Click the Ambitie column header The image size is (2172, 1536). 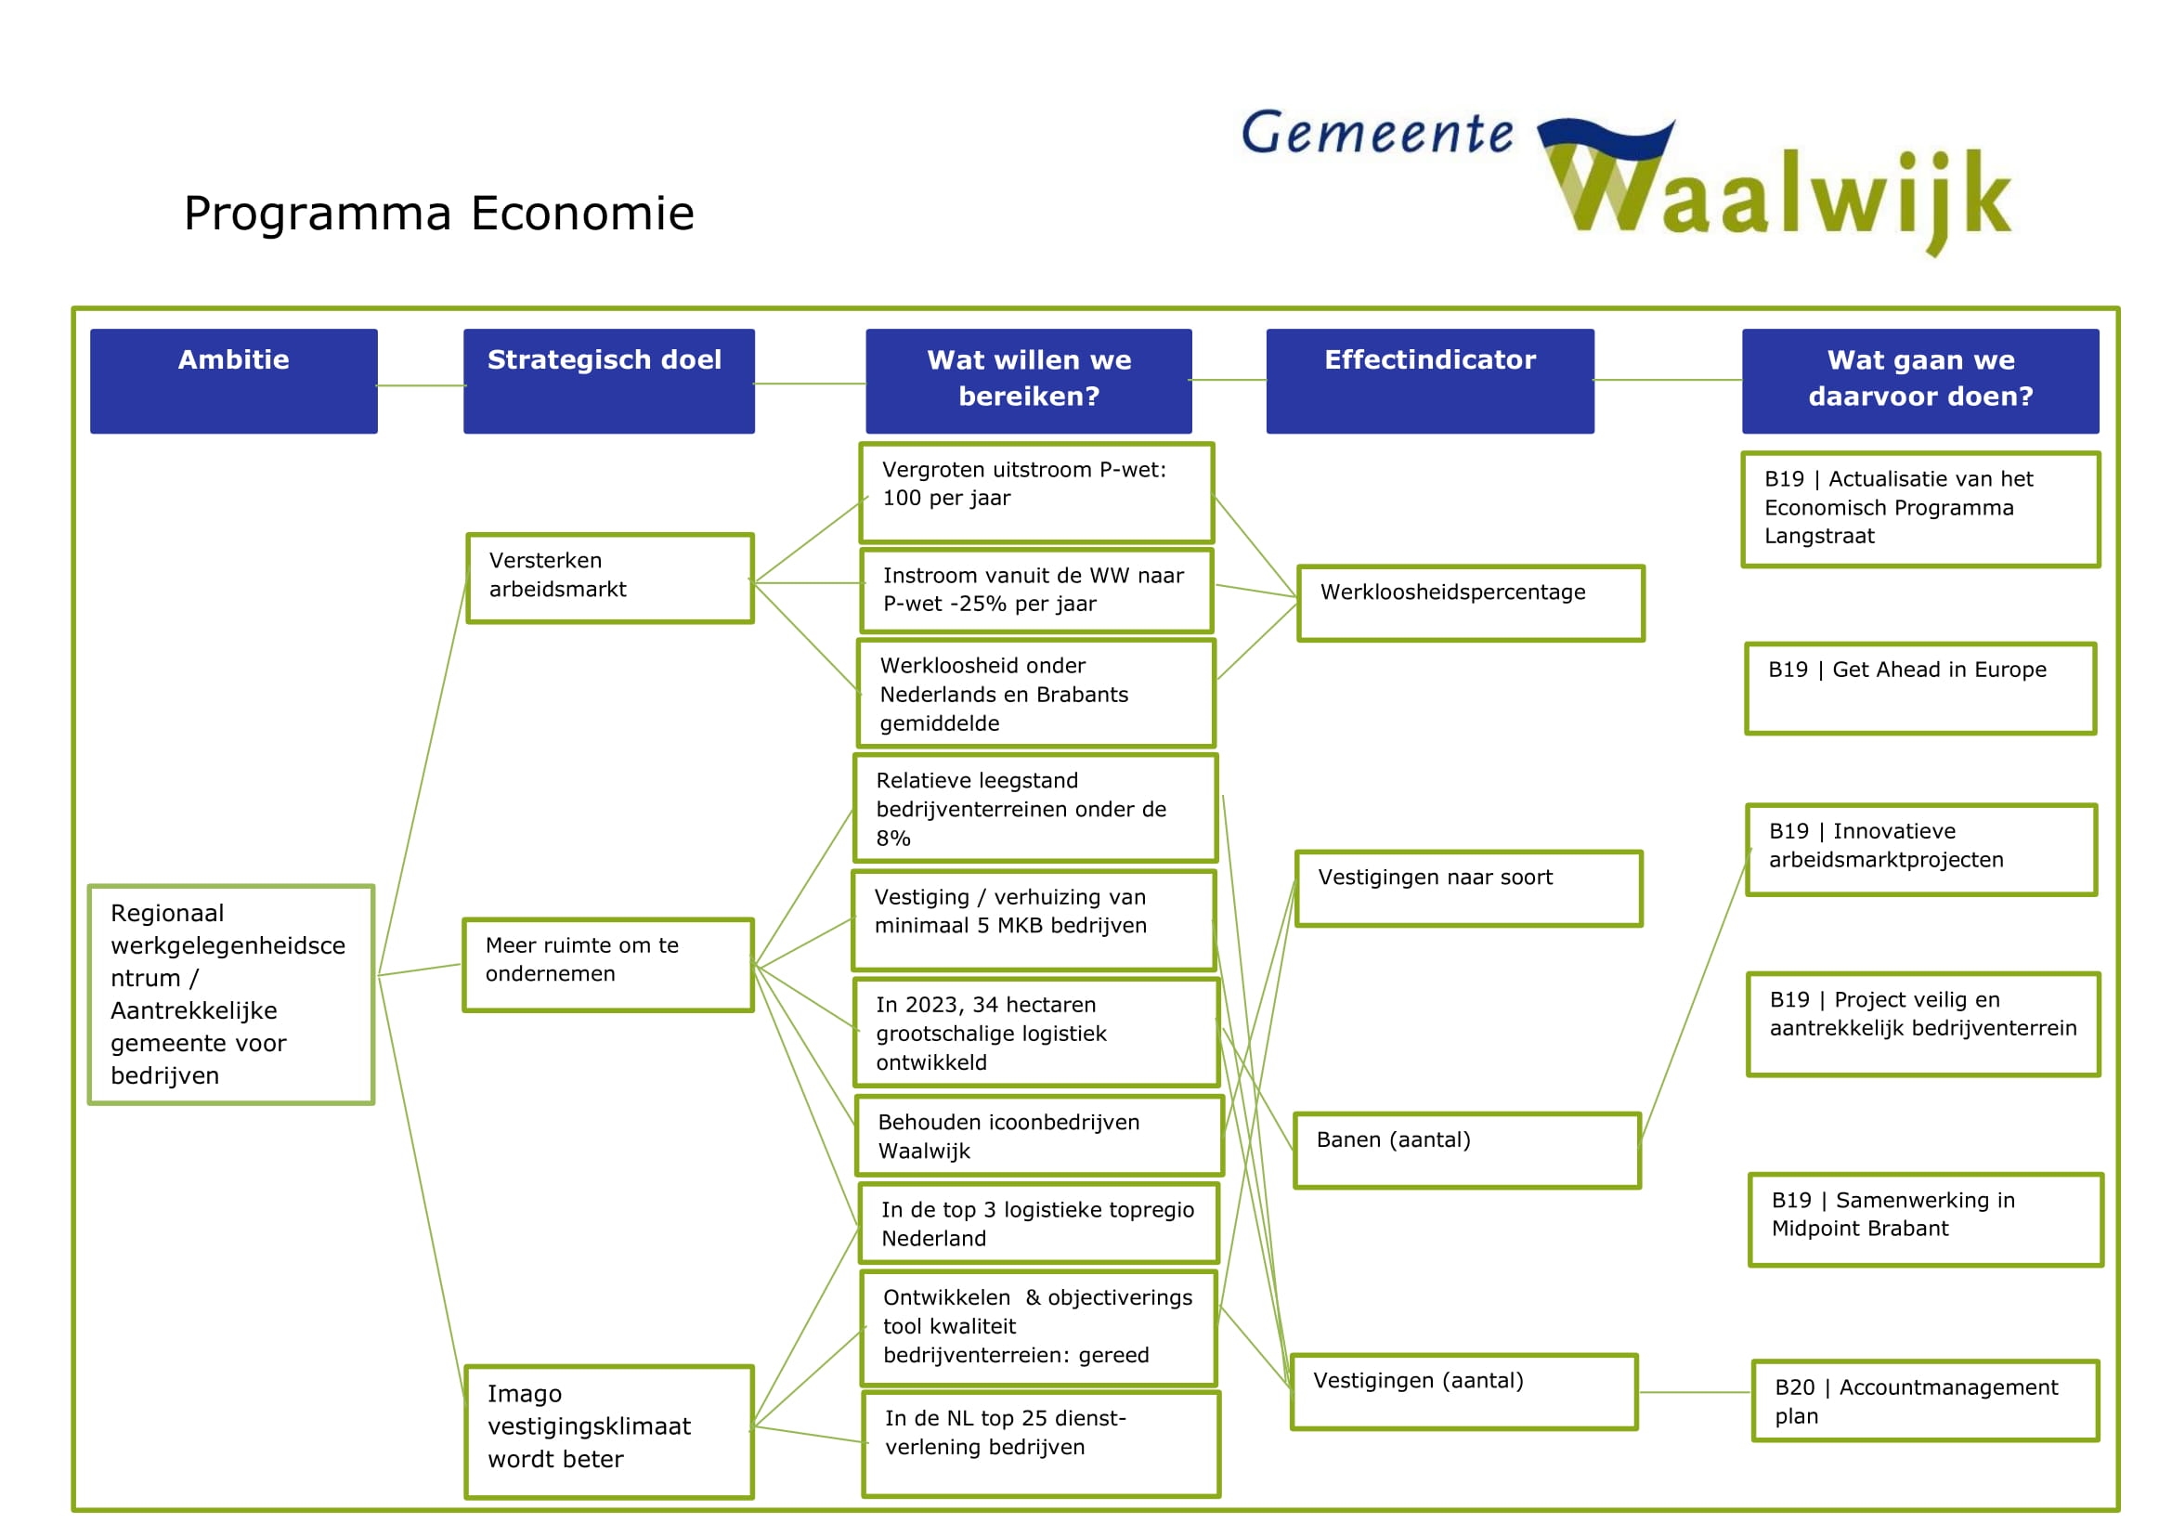[x=234, y=381]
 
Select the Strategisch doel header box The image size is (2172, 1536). [x=608, y=381]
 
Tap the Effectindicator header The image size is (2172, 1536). [x=1429, y=381]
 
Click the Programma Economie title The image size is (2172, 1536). [x=439, y=213]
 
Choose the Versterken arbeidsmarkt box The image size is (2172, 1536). [x=610, y=578]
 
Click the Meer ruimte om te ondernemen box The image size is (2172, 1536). [x=608, y=965]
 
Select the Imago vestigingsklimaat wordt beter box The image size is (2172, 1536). [x=609, y=1431]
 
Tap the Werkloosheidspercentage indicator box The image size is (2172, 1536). [x=1470, y=603]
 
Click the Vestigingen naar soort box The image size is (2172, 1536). [x=1468, y=888]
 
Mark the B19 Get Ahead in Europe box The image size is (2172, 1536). [x=1920, y=687]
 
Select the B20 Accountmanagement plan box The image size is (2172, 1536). [x=1925, y=1400]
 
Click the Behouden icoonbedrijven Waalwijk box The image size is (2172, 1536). [x=1039, y=1136]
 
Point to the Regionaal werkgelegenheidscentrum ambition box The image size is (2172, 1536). [x=232, y=994]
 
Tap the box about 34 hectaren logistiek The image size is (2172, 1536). [x=1036, y=1033]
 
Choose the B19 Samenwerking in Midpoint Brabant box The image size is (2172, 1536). [x=1925, y=1219]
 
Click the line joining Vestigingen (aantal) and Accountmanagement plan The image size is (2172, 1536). [x=1695, y=1392]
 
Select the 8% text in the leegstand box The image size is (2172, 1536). [x=893, y=839]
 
